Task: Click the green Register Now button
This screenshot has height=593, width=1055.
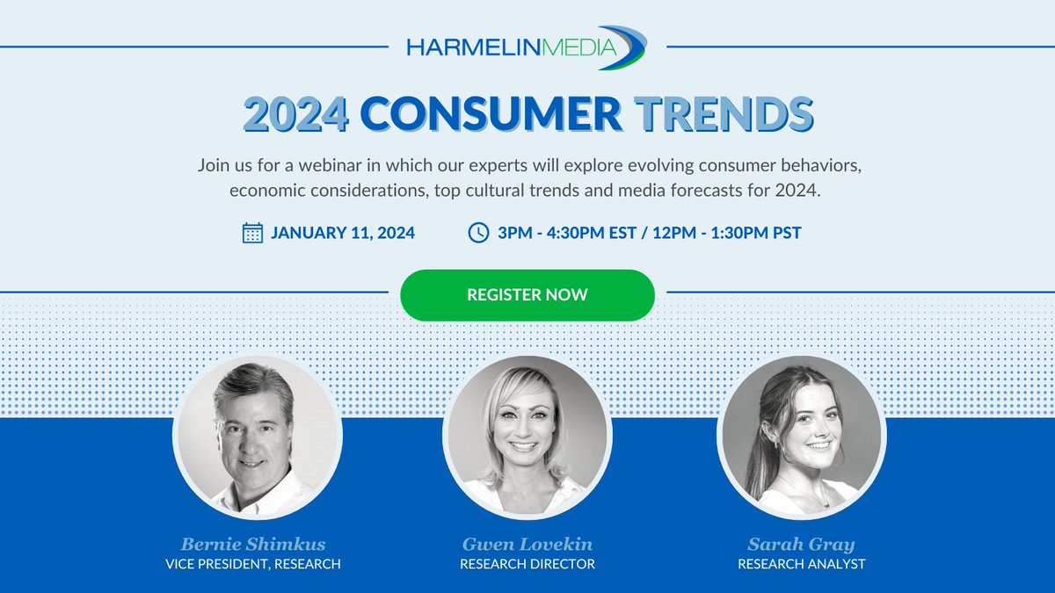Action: [x=527, y=295]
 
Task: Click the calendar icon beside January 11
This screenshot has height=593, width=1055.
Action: [x=252, y=233]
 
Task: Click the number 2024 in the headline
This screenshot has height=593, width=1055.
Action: [x=296, y=115]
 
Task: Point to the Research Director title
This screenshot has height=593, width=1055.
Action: [x=527, y=564]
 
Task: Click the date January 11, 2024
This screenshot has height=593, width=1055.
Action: [x=343, y=234]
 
